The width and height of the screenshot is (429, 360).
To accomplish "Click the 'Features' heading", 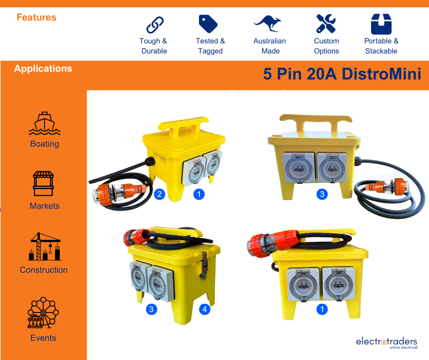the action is pos(37,17).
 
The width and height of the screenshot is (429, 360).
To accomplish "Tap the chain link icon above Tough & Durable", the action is pos(155,25).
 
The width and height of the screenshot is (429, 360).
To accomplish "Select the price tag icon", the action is pos(208,24).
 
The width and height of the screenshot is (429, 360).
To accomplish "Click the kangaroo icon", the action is pos(267,24).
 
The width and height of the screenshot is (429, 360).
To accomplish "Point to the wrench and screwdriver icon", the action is pos(326,24).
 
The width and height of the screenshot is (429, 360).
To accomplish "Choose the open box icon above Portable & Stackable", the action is pos(381,24).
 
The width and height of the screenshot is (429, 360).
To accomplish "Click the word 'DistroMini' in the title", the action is pos(382,74).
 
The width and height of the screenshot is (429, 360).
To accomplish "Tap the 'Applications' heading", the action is pos(43,69).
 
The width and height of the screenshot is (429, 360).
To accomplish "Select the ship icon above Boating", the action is pos(45,123).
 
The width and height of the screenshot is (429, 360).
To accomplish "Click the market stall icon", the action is pos(43,184).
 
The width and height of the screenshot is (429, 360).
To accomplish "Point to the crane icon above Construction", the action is pos(45,246).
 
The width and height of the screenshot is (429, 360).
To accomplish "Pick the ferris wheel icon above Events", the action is pos(43,312).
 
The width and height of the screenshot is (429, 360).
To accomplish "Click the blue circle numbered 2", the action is pos(160,194).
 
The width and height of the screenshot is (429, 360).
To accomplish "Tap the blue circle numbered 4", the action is pos(204,309).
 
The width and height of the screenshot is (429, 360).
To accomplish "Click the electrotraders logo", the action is pos(387,343).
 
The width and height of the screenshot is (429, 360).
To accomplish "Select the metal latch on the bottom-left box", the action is pos(204,265).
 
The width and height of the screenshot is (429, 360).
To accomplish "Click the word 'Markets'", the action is pos(45,206).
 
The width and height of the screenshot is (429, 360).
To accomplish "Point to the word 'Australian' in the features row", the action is pos(269,41).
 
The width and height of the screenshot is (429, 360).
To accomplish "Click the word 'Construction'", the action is pos(44,270).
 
